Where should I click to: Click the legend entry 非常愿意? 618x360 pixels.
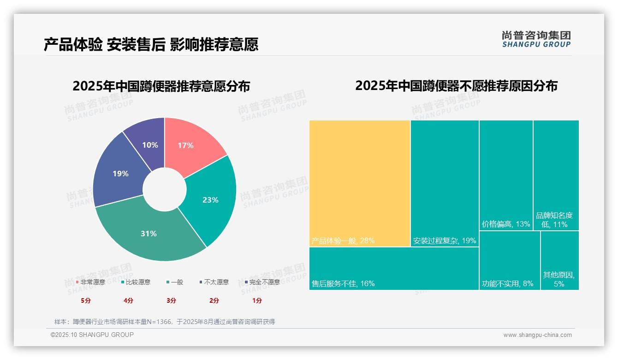pyautogui.click(x=90, y=282)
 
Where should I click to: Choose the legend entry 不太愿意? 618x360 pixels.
pyautogui.click(x=214, y=282)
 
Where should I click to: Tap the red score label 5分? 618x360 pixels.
pyautogui.click(x=86, y=300)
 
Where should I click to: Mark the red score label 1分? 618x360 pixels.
pyautogui.click(x=257, y=300)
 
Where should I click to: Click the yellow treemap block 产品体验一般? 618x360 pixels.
pyautogui.click(x=360, y=183)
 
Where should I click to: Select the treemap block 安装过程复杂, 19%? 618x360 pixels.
pyautogui.click(x=445, y=183)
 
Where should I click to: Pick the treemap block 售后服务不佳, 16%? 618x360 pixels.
pyautogui.click(x=394, y=269)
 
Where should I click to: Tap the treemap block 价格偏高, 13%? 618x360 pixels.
pyautogui.click(x=506, y=175)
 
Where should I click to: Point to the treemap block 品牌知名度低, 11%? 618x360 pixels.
pyautogui.click(x=556, y=175)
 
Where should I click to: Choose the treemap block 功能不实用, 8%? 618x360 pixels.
pyautogui.click(x=510, y=261)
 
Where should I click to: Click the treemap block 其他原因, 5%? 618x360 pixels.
pyautogui.click(x=559, y=261)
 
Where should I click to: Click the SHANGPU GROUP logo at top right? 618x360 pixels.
pyautogui.click(x=536, y=39)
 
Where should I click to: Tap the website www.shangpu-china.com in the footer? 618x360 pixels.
pyautogui.click(x=537, y=335)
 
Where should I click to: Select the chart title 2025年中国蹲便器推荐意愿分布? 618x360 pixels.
pyautogui.click(x=161, y=86)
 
